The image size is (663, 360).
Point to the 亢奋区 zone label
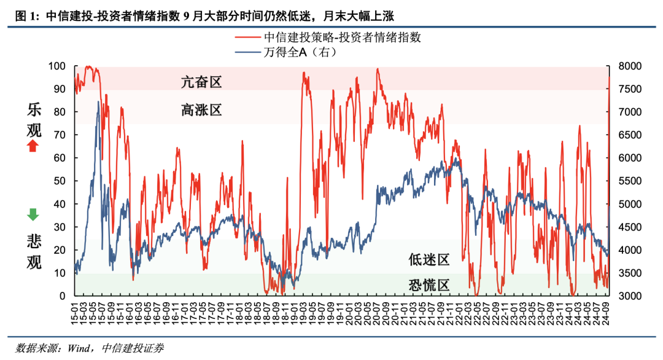201,82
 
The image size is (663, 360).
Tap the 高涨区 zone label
201,111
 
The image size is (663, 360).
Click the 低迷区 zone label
429,260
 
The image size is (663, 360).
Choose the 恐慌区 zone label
429,286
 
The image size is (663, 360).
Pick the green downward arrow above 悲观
33,214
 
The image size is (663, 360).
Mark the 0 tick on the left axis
62,296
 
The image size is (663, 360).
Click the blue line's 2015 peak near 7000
98,102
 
